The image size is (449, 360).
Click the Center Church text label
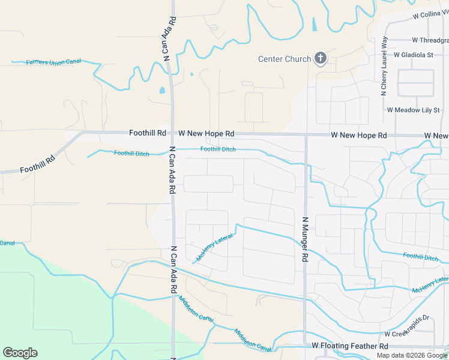[285, 59]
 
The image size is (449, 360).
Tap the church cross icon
[321, 59]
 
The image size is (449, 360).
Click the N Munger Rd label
[305, 239]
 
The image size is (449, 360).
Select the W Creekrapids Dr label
[408, 334]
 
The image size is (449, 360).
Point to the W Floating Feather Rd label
[350, 346]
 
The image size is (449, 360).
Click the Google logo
[20, 353]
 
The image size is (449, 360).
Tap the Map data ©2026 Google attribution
[412, 355]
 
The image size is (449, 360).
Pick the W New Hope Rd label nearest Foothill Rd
[206, 133]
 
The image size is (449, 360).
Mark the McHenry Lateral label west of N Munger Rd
[214, 247]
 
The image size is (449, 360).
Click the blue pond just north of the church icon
[315, 24]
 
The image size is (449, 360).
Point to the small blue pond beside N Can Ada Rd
[162, 91]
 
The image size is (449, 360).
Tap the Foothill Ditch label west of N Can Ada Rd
[131, 153]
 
